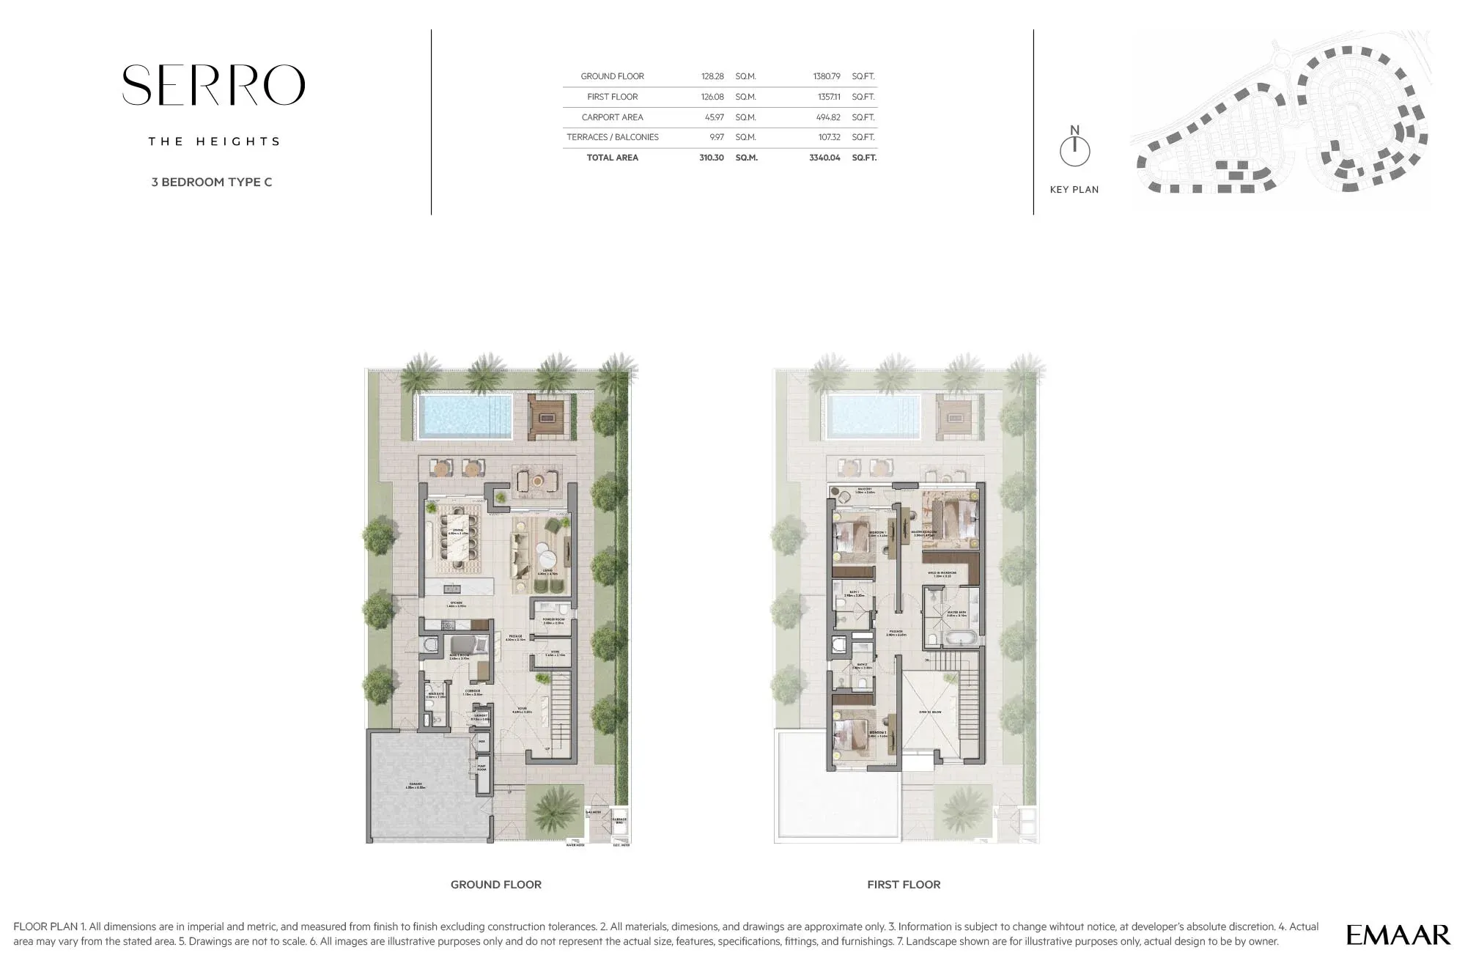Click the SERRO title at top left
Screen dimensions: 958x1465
click(213, 85)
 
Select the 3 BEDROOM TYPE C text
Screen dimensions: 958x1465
click(212, 182)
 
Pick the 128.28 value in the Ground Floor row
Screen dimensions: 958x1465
click(712, 76)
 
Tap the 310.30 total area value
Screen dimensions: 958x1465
click(712, 158)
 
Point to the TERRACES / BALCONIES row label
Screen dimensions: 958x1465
click(613, 137)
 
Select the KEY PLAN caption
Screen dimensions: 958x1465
click(1074, 189)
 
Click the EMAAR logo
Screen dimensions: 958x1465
click(1398, 935)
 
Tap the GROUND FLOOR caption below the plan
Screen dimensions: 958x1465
click(496, 885)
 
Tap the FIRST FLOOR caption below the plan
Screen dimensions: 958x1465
click(904, 885)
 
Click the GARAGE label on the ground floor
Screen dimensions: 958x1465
click(416, 786)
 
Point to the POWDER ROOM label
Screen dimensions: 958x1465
click(554, 621)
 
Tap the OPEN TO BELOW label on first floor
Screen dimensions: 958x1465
click(930, 712)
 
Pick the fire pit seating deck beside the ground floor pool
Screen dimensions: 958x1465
click(550, 418)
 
